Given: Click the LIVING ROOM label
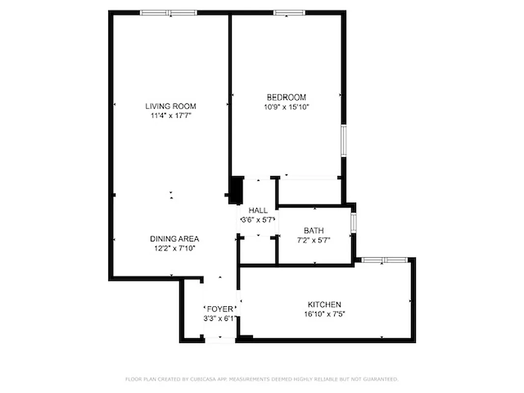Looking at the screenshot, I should [x=170, y=106].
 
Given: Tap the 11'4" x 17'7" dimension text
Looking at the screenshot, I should [x=170, y=116].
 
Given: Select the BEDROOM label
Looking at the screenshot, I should [x=286, y=97].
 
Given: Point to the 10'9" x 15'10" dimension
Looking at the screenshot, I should [x=286, y=107].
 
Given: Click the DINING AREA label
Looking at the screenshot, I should [x=174, y=239].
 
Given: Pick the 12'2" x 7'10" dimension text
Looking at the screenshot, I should [x=174, y=249].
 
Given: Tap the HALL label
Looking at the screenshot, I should [x=258, y=210].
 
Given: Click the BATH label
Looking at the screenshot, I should [x=314, y=230].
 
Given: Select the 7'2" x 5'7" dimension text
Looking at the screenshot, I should [x=314, y=240].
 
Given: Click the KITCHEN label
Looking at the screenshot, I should [x=324, y=305].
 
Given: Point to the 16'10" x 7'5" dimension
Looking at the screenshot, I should [x=324, y=314].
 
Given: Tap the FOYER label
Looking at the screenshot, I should [x=220, y=309].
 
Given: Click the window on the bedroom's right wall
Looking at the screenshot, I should [x=344, y=141].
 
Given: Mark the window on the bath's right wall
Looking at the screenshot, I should [x=354, y=222].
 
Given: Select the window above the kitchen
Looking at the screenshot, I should [x=385, y=259].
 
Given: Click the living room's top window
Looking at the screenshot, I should [x=168, y=13].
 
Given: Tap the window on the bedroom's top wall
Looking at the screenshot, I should [x=289, y=13].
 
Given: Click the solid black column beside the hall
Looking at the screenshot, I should [x=236, y=190].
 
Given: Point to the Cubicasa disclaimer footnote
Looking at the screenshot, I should [x=262, y=379].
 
